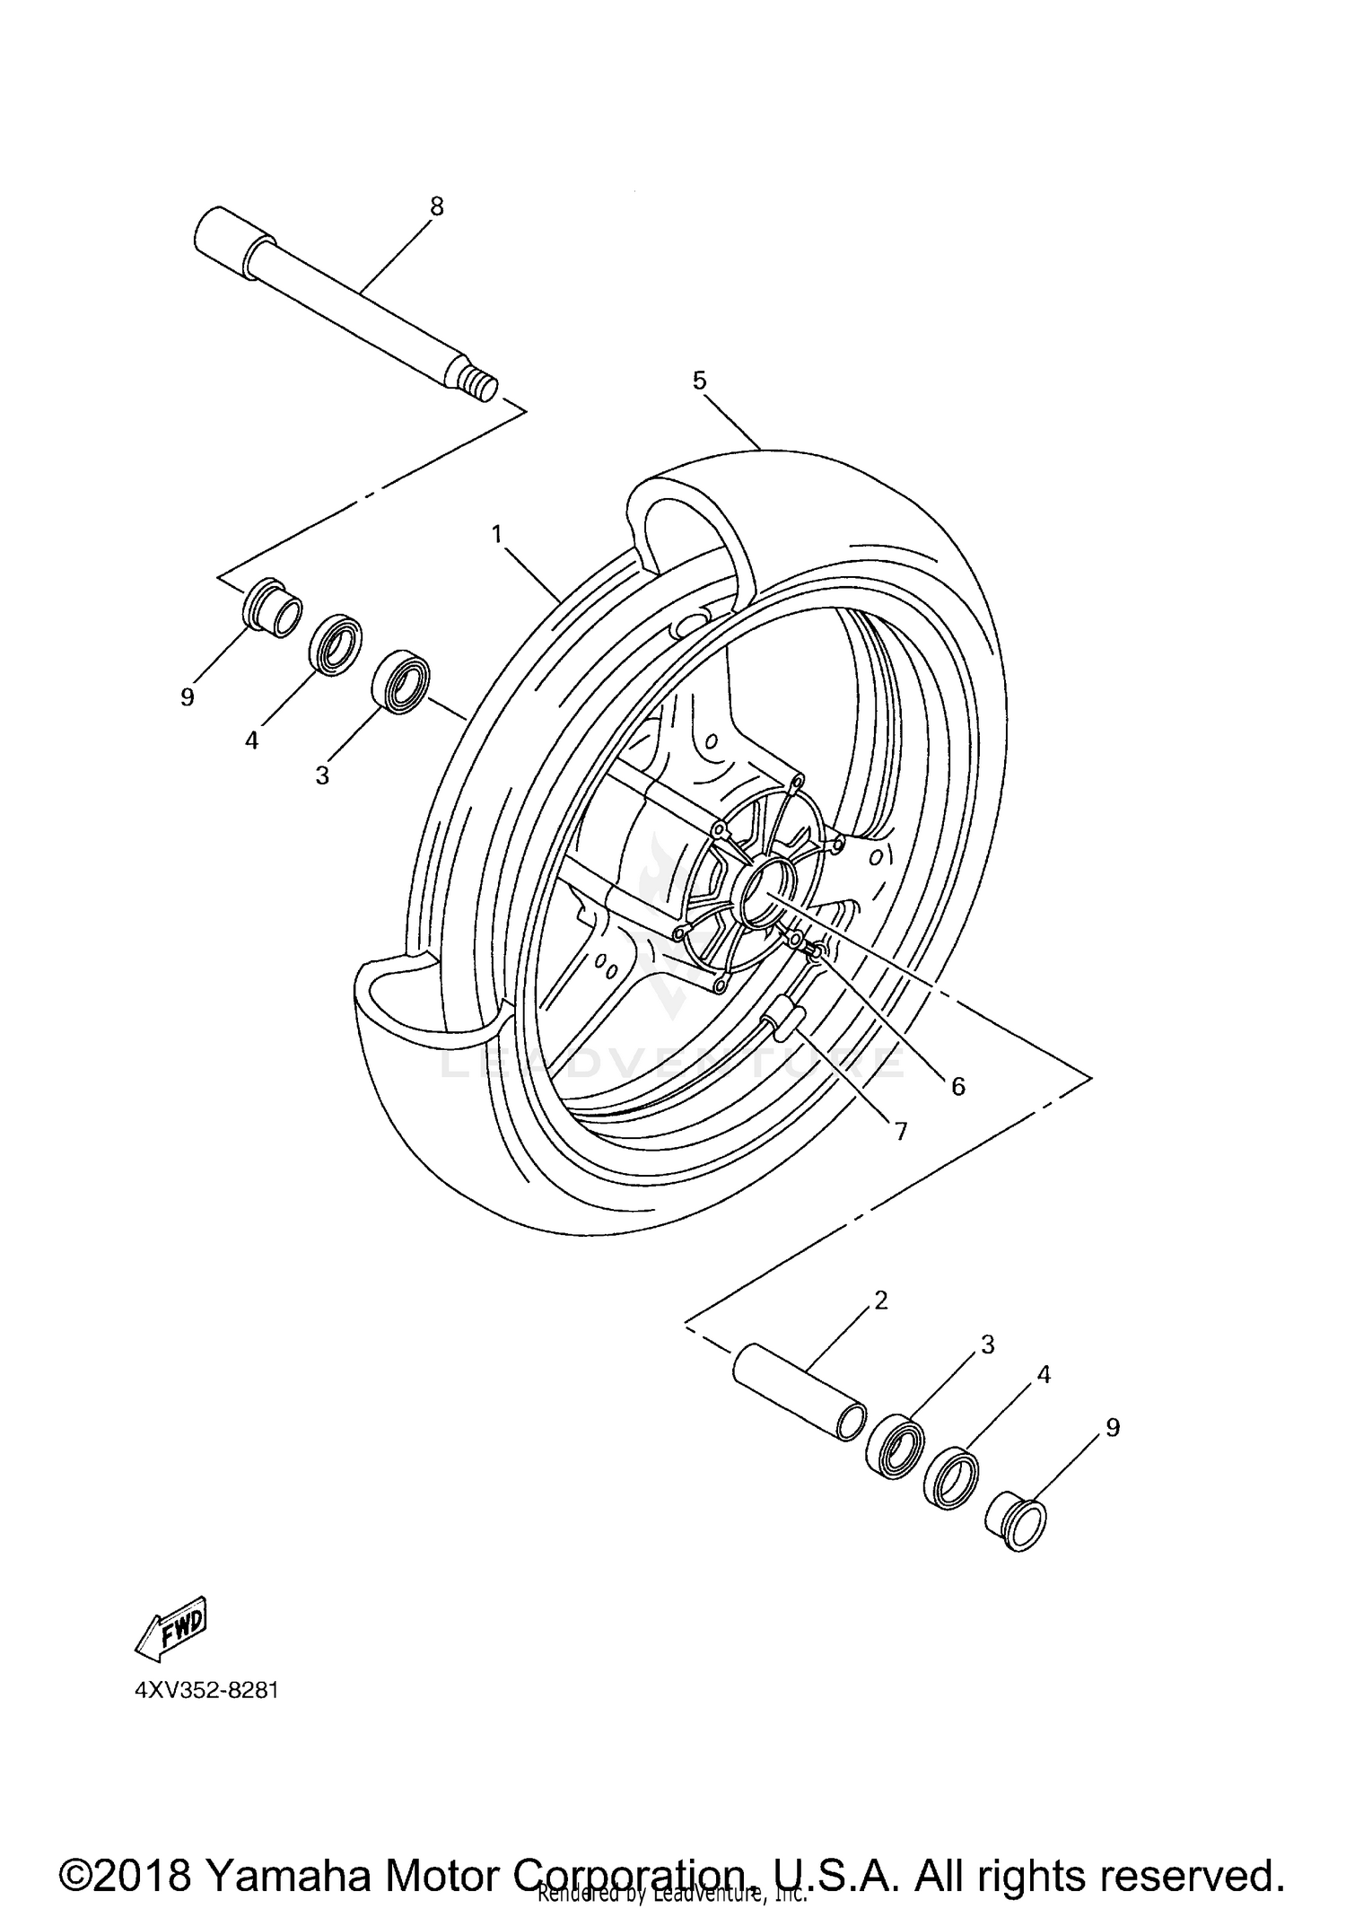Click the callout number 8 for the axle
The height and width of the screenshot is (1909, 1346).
(x=436, y=206)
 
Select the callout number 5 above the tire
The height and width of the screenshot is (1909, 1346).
(x=699, y=381)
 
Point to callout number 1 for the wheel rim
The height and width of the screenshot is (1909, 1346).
(x=495, y=534)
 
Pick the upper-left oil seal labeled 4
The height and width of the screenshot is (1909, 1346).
(x=336, y=644)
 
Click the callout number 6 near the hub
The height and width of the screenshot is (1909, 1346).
(x=957, y=1087)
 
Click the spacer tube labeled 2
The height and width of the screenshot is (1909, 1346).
(x=799, y=1403)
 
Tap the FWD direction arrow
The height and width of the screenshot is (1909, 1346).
(x=171, y=1626)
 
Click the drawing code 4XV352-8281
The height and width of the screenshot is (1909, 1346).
(x=206, y=1691)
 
